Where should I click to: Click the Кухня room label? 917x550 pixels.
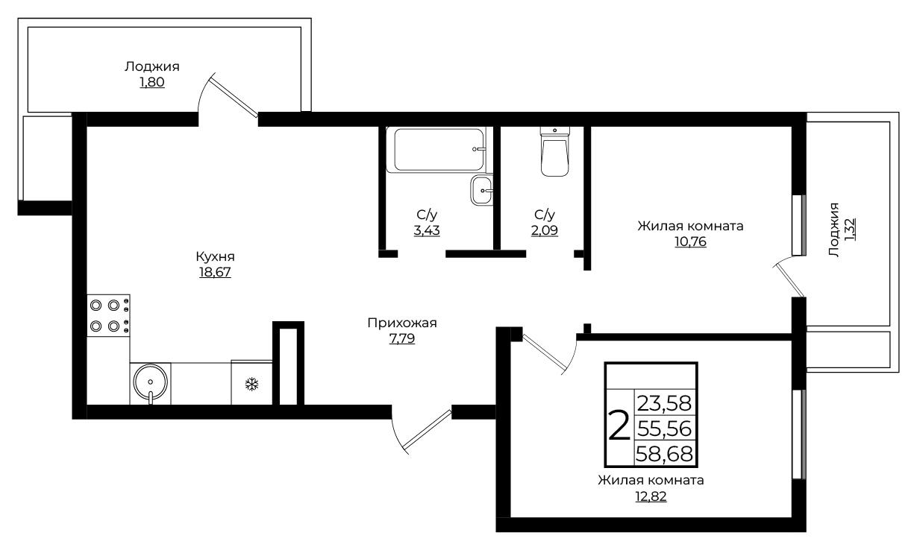(215, 256)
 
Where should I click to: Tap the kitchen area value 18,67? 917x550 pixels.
(215, 272)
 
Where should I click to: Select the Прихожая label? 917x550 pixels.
(402, 323)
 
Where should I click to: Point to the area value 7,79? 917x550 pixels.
(402, 338)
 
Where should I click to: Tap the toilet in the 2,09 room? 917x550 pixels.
(554, 152)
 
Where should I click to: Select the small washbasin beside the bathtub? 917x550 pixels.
(482, 190)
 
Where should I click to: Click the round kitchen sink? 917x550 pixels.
(151, 382)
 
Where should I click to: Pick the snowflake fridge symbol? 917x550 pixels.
(251, 385)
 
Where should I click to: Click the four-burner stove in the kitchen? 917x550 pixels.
(108, 316)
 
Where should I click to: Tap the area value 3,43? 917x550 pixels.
(427, 230)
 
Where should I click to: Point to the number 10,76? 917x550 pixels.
(691, 241)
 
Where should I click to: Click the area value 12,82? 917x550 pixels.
(651, 496)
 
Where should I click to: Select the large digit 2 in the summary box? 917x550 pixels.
(619, 427)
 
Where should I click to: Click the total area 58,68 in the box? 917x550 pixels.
(665, 454)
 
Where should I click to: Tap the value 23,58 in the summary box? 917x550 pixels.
(665, 403)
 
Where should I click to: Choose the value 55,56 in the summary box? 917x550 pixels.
(665, 429)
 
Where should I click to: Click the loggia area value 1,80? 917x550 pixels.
(152, 82)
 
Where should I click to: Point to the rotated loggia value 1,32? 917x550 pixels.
(850, 230)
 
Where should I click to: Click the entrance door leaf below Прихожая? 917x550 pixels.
(428, 429)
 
